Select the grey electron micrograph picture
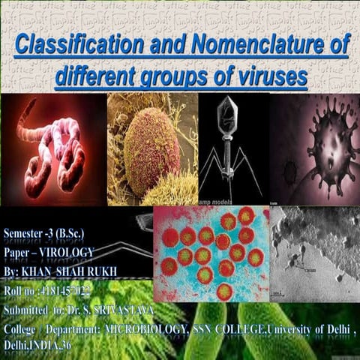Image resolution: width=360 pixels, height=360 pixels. tap(313, 255)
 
